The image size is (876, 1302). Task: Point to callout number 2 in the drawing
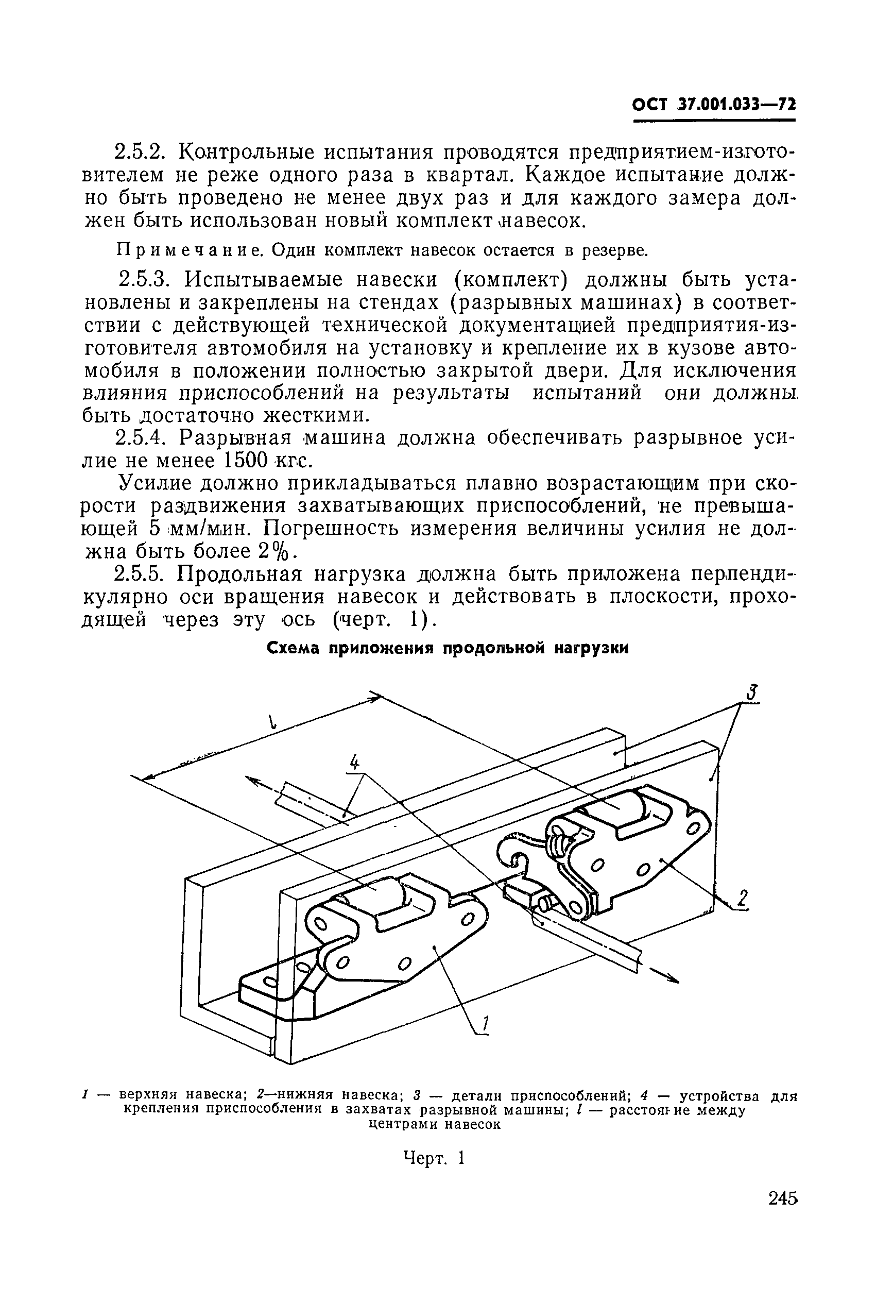(x=742, y=899)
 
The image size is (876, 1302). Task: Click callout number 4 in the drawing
(x=354, y=761)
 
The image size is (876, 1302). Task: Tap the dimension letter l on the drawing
(x=272, y=722)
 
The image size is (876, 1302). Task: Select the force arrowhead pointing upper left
(x=254, y=781)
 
